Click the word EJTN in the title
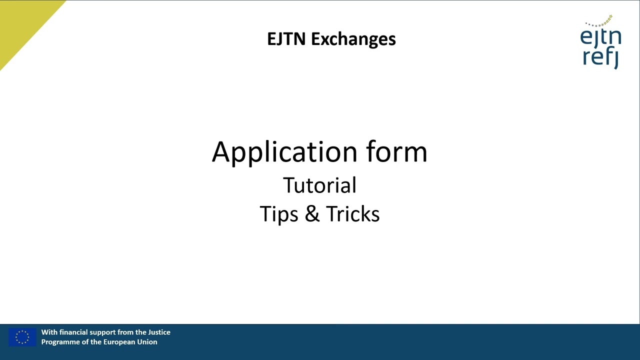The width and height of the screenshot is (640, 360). coord(286,39)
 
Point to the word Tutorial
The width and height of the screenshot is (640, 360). coord(319,185)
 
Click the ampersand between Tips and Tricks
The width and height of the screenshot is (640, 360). coord(312,214)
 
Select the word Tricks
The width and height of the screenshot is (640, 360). coord(352,214)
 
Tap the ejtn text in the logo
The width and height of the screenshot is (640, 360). coord(600,38)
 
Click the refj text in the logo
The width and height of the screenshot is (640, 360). coord(600,57)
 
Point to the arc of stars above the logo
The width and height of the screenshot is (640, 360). coord(600,22)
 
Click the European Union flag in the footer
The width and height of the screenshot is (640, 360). coord(22,337)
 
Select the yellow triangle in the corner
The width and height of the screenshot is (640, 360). coord(22,22)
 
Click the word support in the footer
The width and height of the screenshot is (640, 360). coord(103,332)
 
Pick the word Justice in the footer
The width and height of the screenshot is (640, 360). coord(159,332)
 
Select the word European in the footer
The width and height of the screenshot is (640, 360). coord(119,342)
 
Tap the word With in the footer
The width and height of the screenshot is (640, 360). coord(49,332)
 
